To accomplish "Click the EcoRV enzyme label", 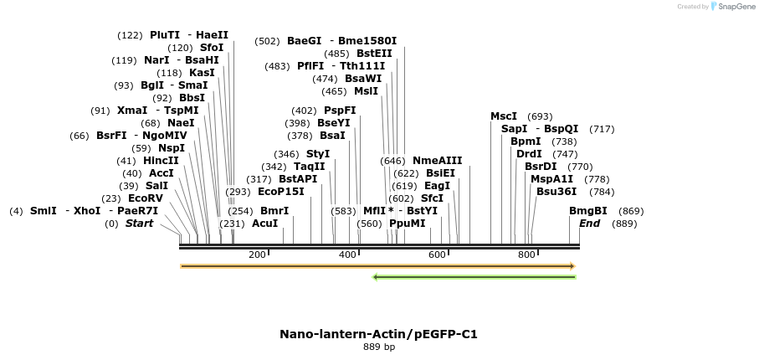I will (x=146, y=198).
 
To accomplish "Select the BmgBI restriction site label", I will (x=588, y=211).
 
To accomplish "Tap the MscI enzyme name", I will (x=504, y=116).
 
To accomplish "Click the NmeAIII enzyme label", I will (x=437, y=161).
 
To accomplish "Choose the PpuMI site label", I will (x=407, y=224).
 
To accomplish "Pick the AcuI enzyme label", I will (x=264, y=224).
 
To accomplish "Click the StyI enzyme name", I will (x=318, y=154).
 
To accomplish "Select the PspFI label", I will (x=340, y=111).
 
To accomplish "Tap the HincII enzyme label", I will (x=161, y=161).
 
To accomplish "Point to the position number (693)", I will (x=540, y=116).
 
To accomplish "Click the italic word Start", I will (x=140, y=224).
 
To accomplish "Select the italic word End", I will (x=590, y=224).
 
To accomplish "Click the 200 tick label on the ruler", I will (x=257, y=255).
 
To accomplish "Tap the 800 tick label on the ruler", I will (x=526, y=255).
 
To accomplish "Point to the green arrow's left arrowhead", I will (x=376, y=277).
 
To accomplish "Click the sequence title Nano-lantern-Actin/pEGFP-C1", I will (x=379, y=334).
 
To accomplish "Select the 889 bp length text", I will (x=379, y=346).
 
